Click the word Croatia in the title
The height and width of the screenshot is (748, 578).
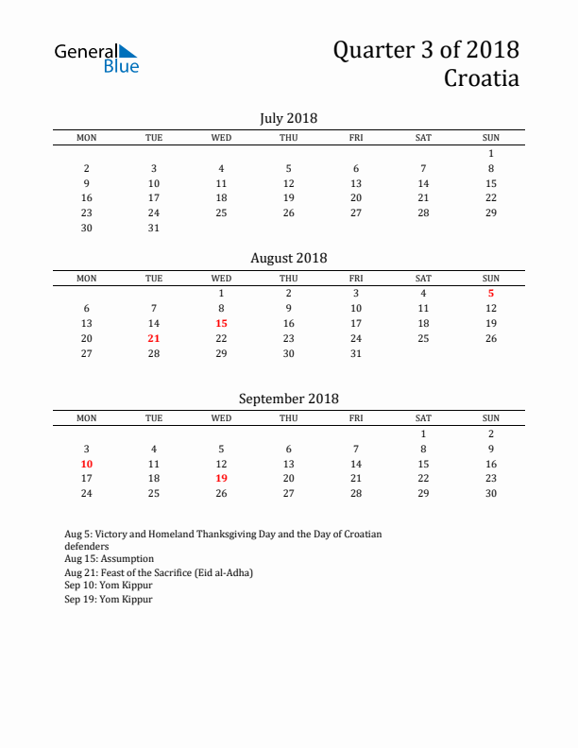(481, 77)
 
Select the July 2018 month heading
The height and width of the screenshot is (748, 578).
(288, 118)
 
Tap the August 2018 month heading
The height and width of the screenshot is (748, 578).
(288, 258)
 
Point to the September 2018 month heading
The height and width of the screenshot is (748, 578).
(288, 399)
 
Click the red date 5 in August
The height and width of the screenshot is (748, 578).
(491, 293)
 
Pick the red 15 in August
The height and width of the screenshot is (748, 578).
(221, 323)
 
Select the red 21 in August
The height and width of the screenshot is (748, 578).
(154, 338)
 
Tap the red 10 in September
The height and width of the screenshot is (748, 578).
(87, 464)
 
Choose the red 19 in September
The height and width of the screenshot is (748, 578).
(221, 478)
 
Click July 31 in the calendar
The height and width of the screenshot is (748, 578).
(154, 228)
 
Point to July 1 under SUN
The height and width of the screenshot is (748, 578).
(491, 153)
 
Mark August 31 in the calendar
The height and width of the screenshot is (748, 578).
(356, 353)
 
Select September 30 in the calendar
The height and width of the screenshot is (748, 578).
(491, 493)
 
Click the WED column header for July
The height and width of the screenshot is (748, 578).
(221, 138)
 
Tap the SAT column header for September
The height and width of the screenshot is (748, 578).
(423, 417)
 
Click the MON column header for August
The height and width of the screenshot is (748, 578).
(87, 278)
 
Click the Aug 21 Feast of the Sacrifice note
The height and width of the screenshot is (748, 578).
(159, 572)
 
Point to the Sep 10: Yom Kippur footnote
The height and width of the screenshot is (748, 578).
(108, 586)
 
